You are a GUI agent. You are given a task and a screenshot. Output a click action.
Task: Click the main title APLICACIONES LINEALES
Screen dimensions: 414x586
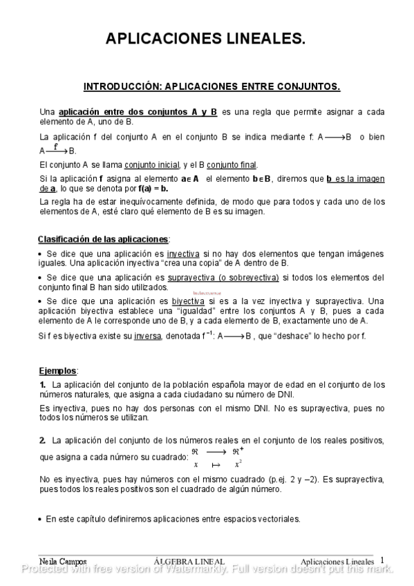pyautogui.click(x=205, y=39)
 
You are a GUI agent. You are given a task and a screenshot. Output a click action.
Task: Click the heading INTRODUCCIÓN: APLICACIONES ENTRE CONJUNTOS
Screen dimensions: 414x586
pyautogui.click(x=211, y=87)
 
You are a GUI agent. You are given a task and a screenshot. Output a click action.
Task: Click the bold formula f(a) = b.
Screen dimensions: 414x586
pyautogui.click(x=153, y=188)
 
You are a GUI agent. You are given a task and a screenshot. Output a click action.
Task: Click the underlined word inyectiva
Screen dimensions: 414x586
pyautogui.click(x=184, y=254)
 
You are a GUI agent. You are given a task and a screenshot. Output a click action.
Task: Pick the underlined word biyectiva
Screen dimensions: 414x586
pyautogui.click(x=187, y=301)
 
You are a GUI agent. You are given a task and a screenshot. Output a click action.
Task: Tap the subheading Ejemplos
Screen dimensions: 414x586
pyautogui.click(x=57, y=370)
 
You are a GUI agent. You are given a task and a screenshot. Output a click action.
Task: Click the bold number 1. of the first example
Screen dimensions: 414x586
pyautogui.click(x=43, y=384)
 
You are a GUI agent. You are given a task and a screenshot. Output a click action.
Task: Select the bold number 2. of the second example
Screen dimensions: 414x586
pyautogui.click(x=43, y=440)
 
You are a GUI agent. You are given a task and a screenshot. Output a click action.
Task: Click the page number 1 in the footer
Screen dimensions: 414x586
pyautogui.click(x=382, y=560)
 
